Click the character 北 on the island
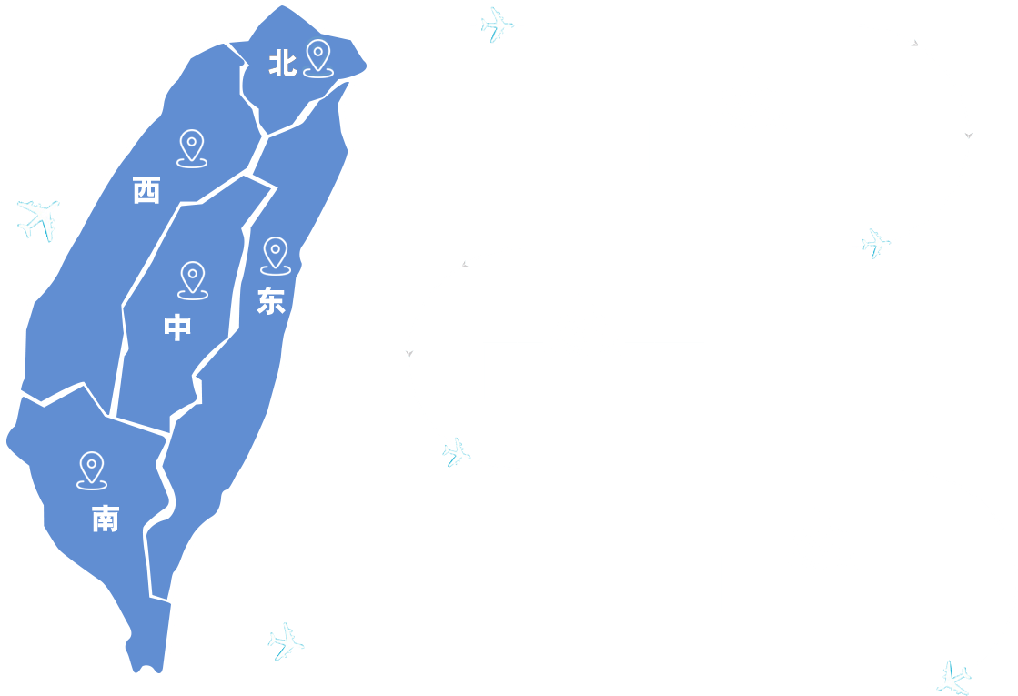(282, 64)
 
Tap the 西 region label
(146, 191)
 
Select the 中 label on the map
(177, 328)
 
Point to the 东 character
(270, 301)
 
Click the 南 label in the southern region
(105, 519)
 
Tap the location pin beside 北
(317, 57)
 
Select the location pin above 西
(191, 147)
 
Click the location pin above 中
(193, 279)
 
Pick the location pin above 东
(275, 255)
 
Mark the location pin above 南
(91, 469)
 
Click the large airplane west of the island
(39, 218)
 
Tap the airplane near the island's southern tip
(286, 641)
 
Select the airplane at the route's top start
(496, 25)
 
